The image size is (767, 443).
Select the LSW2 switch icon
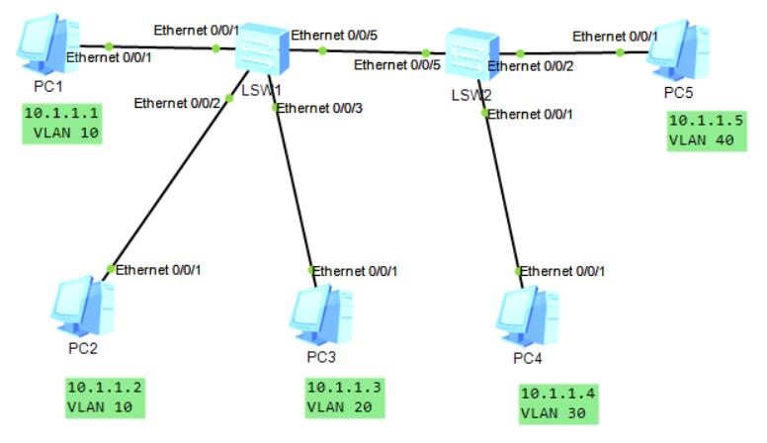[463, 54]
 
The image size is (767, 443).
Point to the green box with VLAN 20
[342, 395]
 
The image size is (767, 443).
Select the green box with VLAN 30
[558, 401]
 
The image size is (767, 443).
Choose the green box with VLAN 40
[702, 130]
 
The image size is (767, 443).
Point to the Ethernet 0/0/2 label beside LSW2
[530, 66]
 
